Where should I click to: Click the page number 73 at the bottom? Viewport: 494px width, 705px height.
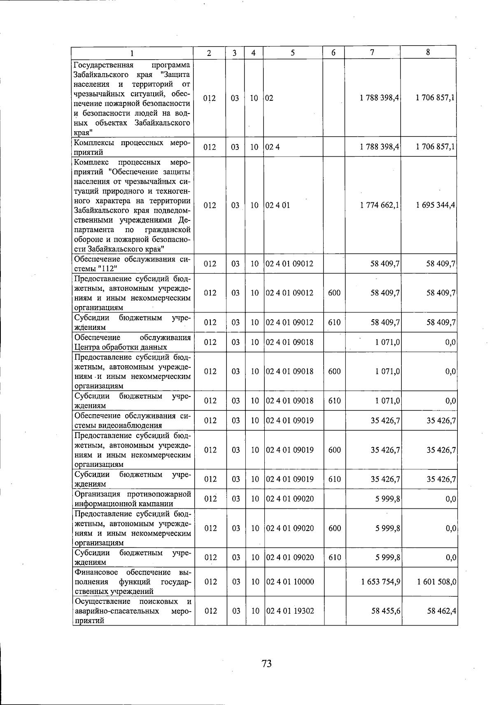pyautogui.click(x=266, y=663)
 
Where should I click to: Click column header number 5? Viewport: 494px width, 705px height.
pyautogui.click(x=292, y=53)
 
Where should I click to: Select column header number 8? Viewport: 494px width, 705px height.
pyautogui.click(x=428, y=52)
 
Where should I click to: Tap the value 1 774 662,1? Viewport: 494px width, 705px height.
pyautogui.click(x=379, y=205)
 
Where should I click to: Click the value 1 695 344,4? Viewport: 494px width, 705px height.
pyautogui.click(x=436, y=205)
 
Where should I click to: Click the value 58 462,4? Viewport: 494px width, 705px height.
pyautogui.click(x=441, y=611)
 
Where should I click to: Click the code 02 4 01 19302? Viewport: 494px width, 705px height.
pyautogui.click(x=290, y=611)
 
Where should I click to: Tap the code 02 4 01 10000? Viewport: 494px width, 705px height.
pyautogui.click(x=290, y=582)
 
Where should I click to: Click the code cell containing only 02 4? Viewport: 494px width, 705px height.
pyautogui.click(x=273, y=147)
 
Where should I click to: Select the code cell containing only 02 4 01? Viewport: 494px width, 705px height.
pyautogui.click(x=278, y=205)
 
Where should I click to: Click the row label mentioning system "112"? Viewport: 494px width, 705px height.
pyautogui.click(x=132, y=264)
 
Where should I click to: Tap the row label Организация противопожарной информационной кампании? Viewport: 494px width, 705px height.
pyautogui.click(x=132, y=499)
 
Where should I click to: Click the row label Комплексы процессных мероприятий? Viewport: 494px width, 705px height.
pyautogui.click(x=132, y=147)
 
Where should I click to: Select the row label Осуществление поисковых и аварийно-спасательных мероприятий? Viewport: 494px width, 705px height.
pyautogui.click(x=132, y=611)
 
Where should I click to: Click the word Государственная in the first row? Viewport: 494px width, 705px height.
pyautogui.click(x=103, y=65)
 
